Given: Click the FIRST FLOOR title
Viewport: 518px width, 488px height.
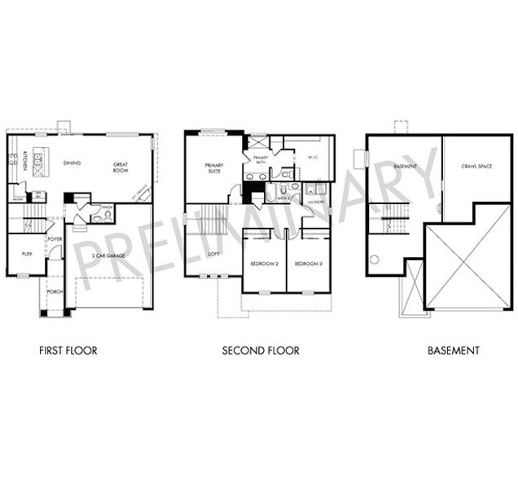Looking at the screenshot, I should (68, 351).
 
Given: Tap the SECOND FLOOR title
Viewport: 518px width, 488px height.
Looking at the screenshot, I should (261, 351).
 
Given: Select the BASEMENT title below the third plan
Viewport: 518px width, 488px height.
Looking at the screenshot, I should (454, 351).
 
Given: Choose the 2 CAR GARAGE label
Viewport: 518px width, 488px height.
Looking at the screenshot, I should (108, 256).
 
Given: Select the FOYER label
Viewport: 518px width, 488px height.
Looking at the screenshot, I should (56, 238).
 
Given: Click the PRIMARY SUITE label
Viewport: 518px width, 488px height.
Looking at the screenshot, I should (214, 168).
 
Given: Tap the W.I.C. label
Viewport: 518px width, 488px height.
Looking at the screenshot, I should (312, 158).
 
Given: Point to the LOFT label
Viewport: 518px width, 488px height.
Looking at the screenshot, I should (214, 255).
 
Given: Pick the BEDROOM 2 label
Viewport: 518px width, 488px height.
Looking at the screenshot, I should (265, 264).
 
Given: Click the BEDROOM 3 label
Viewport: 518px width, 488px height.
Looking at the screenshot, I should (307, 264).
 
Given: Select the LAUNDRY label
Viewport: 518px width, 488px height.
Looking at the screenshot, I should (316, 203).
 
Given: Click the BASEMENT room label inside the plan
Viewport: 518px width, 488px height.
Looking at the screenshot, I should (405, 167).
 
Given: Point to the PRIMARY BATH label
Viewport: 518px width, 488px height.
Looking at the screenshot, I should (261, 159).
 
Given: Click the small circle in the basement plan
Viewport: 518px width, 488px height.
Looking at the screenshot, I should (375, 260).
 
